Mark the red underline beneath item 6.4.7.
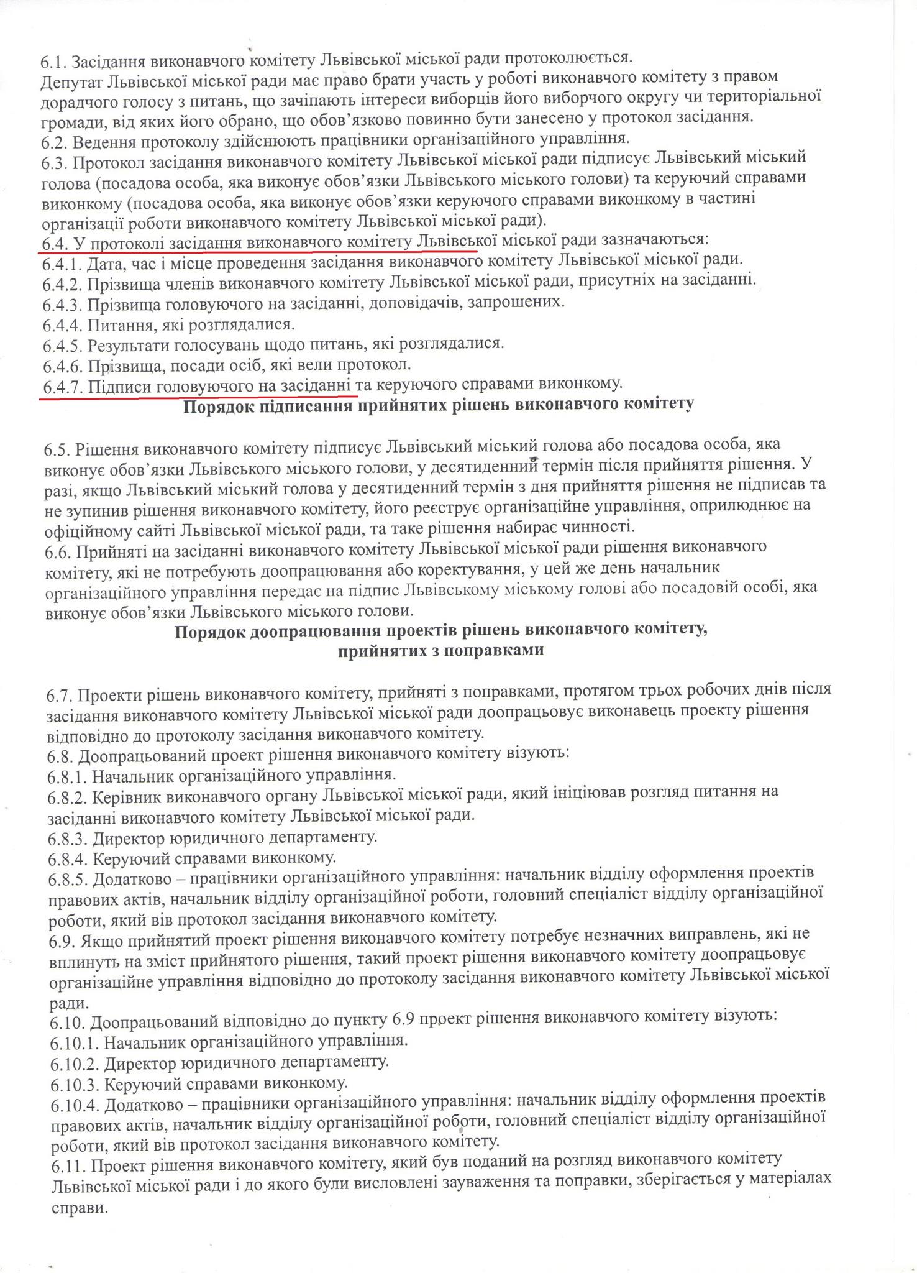coord(198,396)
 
